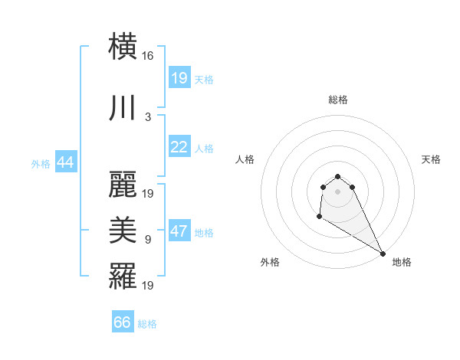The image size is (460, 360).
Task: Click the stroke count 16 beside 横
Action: pos(148,56)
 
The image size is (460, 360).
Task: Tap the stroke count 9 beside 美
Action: pos(148,240)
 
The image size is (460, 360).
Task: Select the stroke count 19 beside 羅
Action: pos(148,286)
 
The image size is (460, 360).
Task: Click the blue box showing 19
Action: pos(179,77)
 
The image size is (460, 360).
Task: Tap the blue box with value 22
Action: pos(179,147)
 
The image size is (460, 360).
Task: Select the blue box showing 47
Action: pos(179,231)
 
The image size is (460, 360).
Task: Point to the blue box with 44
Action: pos(65,162)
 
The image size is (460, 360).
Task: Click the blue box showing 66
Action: pos(123,322)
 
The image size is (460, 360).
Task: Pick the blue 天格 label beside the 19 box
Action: pos(204,79)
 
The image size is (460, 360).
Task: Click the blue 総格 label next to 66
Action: pos(147,324)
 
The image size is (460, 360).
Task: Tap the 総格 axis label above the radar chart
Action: pos(338,100)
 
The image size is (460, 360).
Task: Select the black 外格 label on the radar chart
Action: pos(270,262)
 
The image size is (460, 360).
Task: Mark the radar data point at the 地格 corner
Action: pos(383,254)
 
